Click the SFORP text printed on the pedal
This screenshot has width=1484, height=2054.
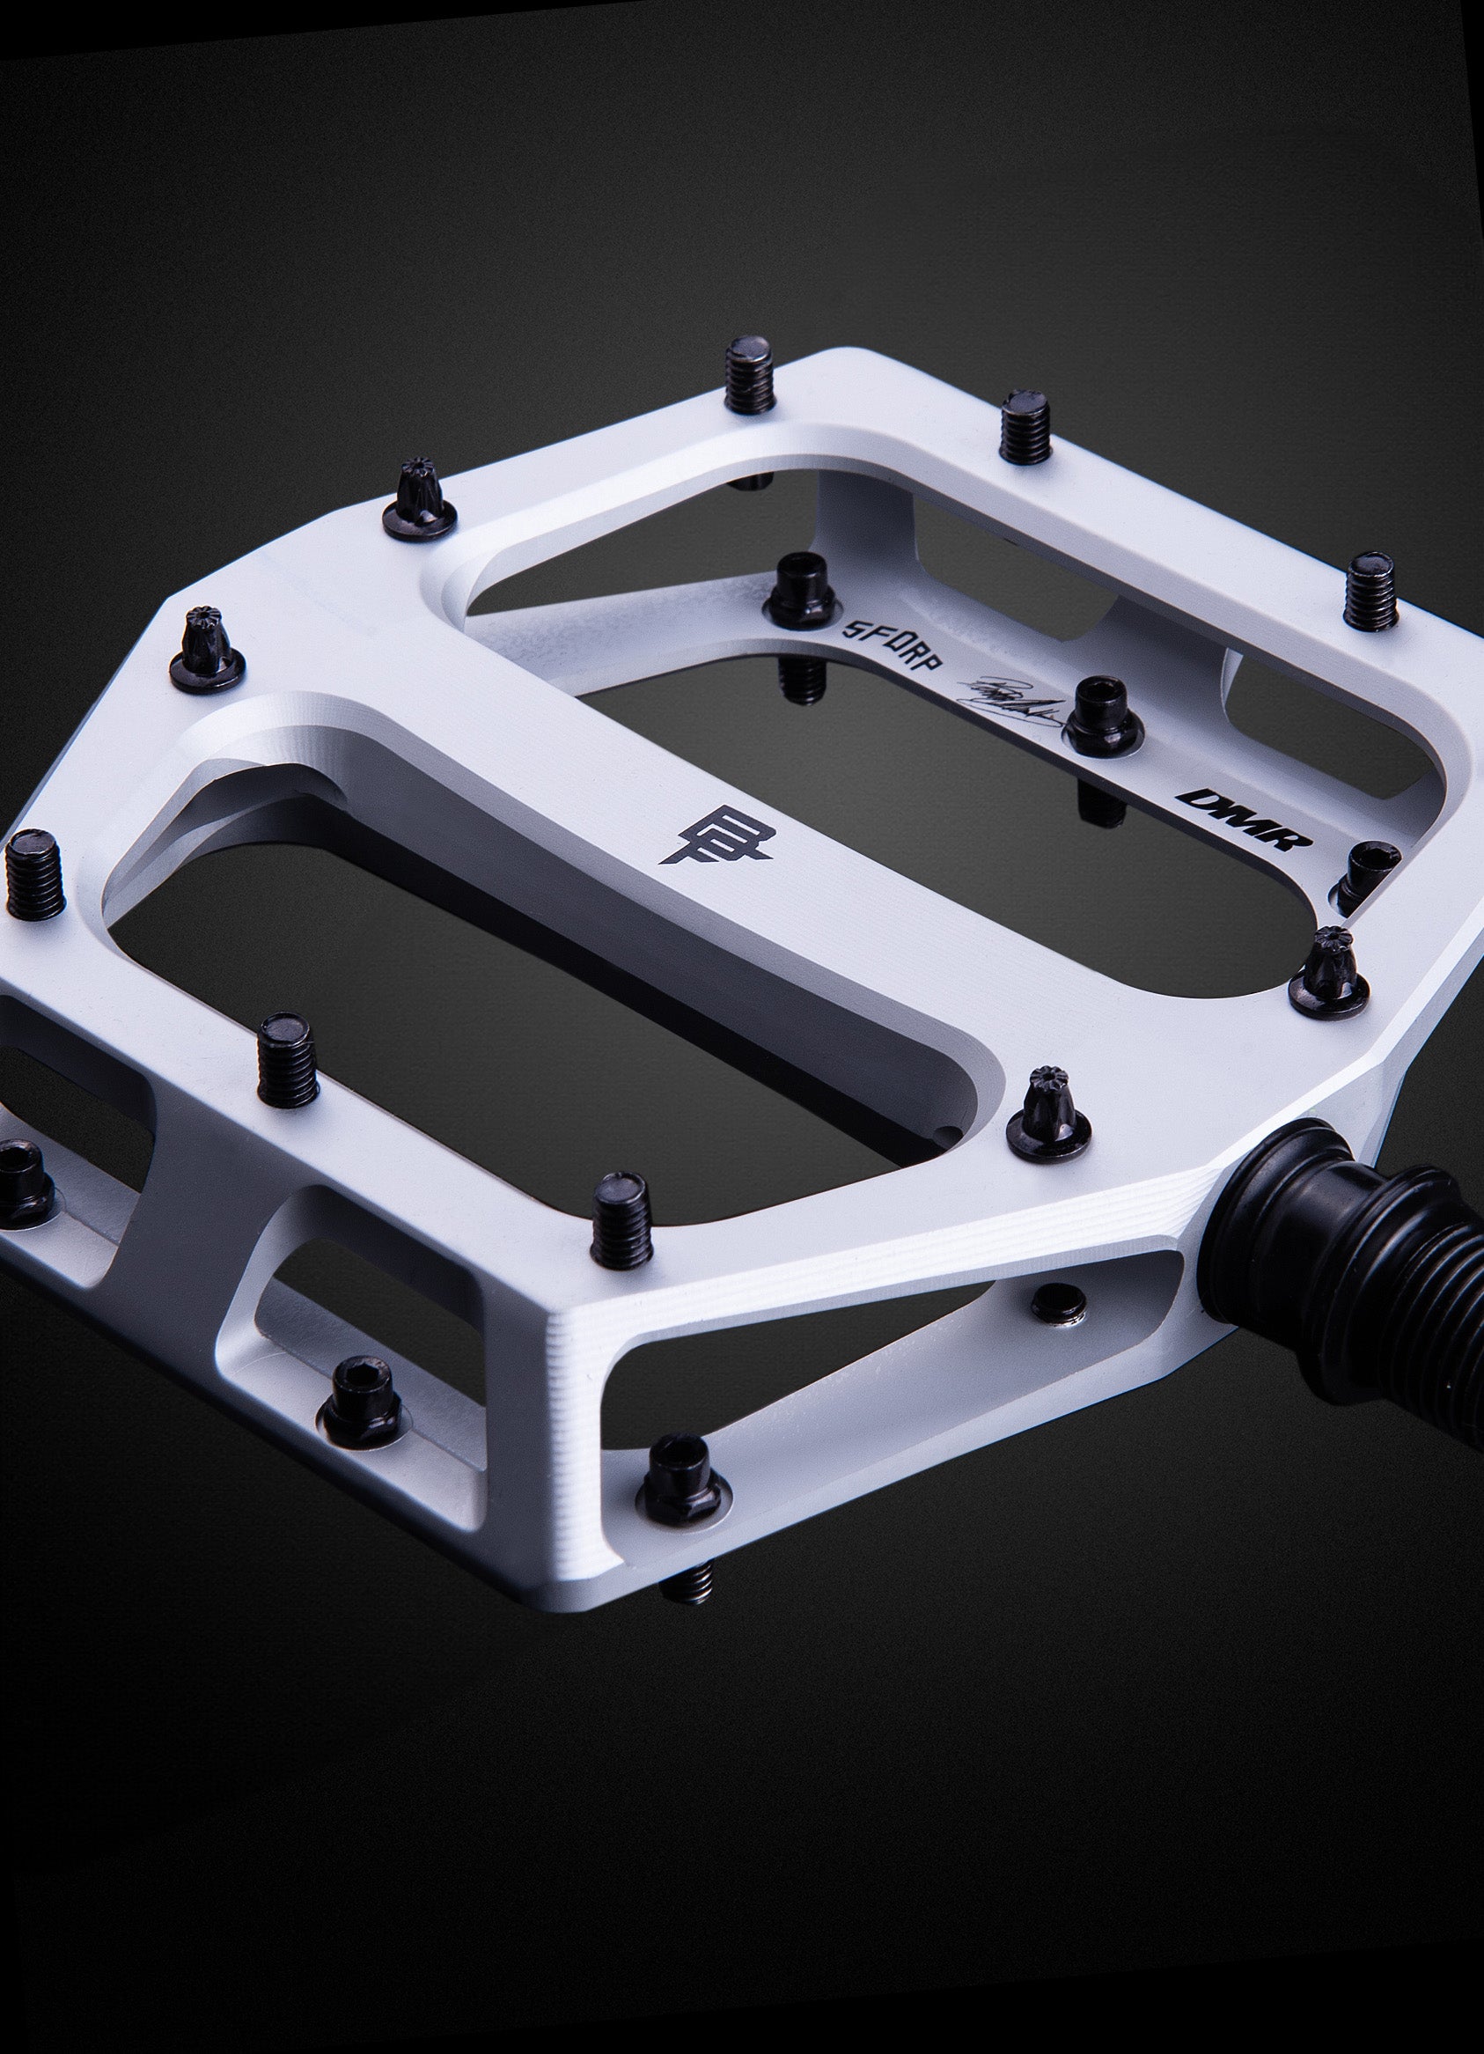click(893, 643)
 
